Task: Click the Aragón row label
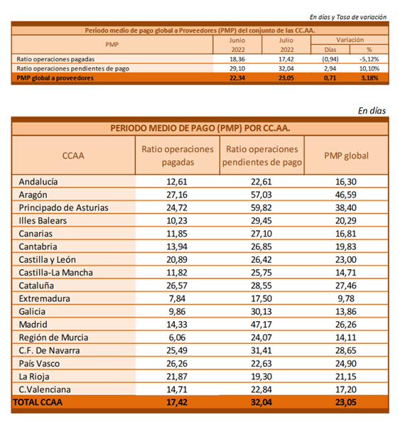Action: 33,195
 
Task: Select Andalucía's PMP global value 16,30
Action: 345,182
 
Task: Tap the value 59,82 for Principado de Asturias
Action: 261,207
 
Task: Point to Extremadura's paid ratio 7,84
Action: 177,298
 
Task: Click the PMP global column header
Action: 346,156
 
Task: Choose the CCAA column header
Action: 73,156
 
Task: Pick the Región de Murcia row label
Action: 53,337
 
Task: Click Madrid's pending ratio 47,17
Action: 261,325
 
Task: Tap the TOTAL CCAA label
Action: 38,402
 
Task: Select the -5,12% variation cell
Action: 369,59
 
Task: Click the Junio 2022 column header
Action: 237,45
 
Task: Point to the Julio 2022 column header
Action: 286,45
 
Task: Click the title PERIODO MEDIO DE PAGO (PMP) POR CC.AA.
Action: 200,128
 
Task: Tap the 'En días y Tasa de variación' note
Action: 348,17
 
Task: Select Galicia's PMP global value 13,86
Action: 345,311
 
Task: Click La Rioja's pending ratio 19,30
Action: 261,377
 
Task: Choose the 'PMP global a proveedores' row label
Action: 55,78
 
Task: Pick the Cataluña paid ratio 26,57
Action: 177,286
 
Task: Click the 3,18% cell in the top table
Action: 369,78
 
